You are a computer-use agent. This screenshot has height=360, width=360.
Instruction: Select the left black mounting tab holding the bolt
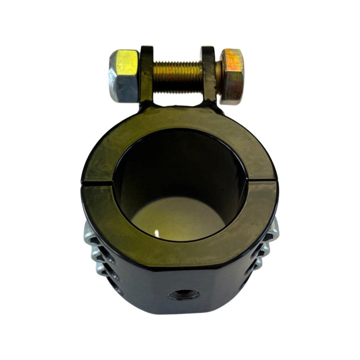pyautogui.click(x=146, y=74)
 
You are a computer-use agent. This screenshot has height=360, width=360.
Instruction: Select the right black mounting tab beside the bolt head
pyautogui.click(x=207, y=74)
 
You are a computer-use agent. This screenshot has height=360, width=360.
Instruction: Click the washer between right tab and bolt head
pyautogui.click(x=219, y=75)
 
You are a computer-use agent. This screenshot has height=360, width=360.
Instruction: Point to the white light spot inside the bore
pyautogui.click(x=157, y=233)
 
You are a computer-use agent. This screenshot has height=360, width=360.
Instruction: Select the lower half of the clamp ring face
pyautogui.click(x=180, y=252)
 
